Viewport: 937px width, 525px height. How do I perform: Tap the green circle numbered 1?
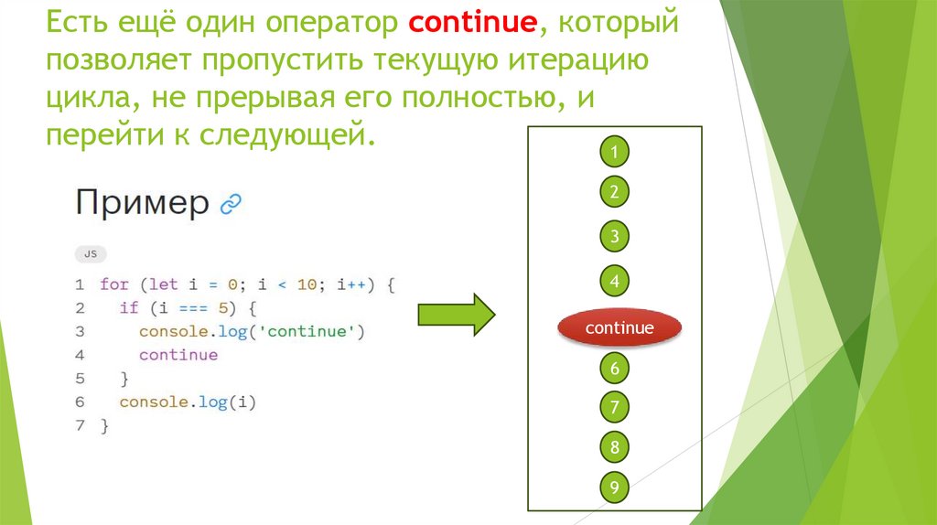615,151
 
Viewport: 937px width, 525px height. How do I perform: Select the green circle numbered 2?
615,192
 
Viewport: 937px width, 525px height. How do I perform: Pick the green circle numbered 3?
615,237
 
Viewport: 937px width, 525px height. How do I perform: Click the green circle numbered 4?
615,281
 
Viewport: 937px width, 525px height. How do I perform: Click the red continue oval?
619,327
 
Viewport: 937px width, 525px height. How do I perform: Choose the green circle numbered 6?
615,369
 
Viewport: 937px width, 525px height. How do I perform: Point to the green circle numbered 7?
615,407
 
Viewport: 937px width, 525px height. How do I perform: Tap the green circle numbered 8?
615,447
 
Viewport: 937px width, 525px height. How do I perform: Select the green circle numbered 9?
615,487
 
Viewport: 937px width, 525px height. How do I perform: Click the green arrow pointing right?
456,316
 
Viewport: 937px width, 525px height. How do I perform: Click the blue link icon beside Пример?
231,204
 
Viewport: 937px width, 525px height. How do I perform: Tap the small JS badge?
90,253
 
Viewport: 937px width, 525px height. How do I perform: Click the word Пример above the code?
142,202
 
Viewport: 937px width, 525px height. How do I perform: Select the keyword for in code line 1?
114,284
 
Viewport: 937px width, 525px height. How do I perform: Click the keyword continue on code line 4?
178,355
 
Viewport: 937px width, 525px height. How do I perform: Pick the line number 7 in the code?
81,425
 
